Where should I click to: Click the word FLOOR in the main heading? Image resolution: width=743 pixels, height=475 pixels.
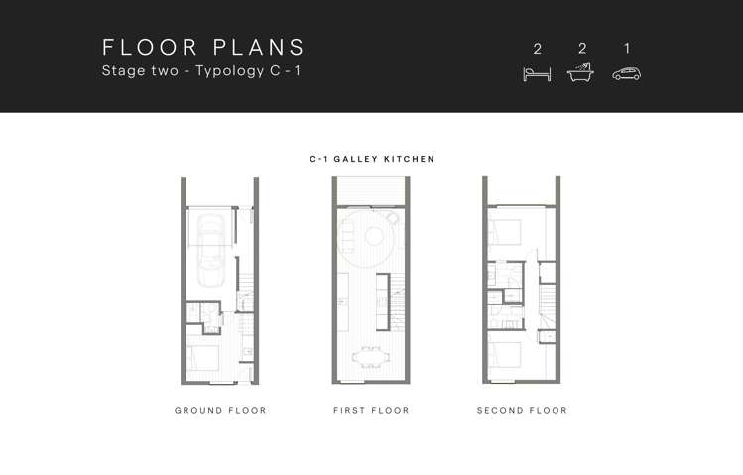(x=150, y=47)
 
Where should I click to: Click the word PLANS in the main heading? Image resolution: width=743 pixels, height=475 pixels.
(x=259, y=47)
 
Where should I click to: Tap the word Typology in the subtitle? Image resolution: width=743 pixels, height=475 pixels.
(x=230, y=71)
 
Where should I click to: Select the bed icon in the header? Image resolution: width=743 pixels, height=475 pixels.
(x=537, y=74)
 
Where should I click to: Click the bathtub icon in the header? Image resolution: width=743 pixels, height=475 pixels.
(x=580, y=73)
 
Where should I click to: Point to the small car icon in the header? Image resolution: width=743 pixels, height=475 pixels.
(x=626, y=74)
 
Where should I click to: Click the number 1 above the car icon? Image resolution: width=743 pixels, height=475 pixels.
(x=627, y=48)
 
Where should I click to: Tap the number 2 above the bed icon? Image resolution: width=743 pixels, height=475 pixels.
(x=537, y=49)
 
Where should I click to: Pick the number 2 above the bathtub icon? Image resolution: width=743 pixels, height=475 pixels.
(x=582, y=48)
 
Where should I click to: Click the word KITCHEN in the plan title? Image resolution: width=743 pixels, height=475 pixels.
(x=409, y=159)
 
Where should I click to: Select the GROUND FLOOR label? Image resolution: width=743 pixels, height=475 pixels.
(x=220, y=410)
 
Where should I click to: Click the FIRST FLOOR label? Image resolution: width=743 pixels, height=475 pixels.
(x=371, y=410)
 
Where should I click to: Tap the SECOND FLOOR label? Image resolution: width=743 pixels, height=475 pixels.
(x=522, y=410)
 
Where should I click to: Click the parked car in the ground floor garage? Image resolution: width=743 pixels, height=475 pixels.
(x=211, y=250)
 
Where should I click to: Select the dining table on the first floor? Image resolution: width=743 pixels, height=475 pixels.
(x=371, y=357)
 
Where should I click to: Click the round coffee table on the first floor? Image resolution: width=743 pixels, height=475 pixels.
(x=374, y=237)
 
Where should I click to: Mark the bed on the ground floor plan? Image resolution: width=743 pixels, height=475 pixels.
(x=202, y=358)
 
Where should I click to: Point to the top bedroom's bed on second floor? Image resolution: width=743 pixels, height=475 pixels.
(x=505, y=232)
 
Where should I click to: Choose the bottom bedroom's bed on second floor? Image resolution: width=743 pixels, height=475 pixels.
(x=505, y=354)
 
